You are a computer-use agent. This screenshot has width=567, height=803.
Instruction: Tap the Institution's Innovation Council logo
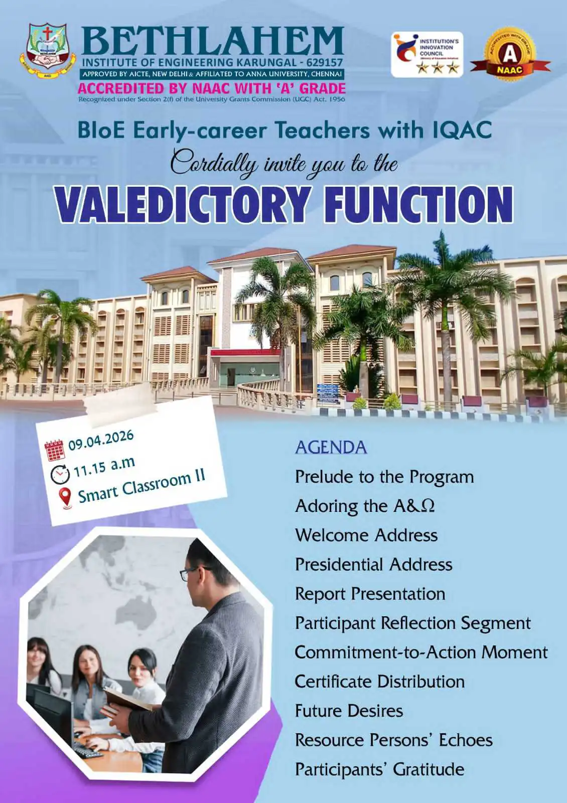coord(427,55)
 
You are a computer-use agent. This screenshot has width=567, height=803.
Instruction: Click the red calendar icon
coord(55,450)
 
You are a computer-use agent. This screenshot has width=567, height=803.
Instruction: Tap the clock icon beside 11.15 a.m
coord(60,474)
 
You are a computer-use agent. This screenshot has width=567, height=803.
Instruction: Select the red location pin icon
coord(66,498)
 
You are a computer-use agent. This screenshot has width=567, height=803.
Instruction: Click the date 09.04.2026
coord(101,440)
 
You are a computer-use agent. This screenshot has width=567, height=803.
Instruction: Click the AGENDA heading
coord(331,448)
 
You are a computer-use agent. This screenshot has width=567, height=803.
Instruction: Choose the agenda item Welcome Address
coord(366,536)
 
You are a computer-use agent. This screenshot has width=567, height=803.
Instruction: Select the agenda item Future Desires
coord(349,711)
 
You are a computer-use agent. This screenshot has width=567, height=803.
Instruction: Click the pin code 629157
coord(325,63)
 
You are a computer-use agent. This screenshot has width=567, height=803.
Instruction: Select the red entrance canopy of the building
coord(245,353)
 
